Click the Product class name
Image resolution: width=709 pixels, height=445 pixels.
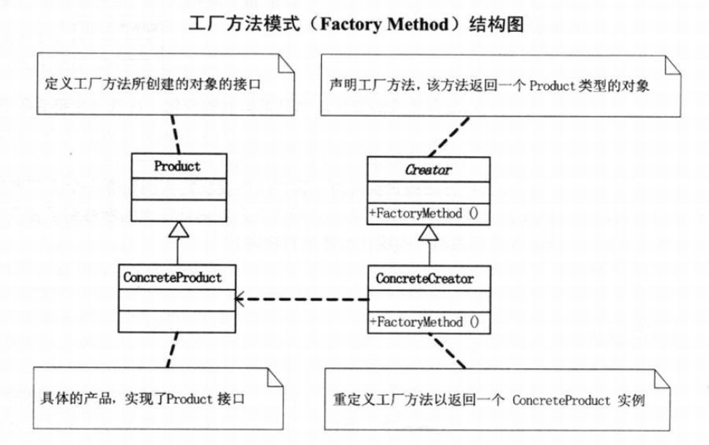point(177,166)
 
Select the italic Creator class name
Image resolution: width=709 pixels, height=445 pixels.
point(428,169)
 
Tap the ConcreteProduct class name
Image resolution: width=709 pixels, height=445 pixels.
point(172,277)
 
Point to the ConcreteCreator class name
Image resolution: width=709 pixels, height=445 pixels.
point(424,278)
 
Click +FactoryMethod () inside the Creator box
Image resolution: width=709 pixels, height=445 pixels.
point(424,213)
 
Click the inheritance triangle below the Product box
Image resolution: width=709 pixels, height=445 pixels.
point(179,230)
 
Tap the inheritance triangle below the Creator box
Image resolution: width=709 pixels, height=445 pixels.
point(428,233)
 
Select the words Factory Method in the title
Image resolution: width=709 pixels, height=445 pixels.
point(384,24)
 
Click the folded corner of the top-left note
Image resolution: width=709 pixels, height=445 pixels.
point(285,63)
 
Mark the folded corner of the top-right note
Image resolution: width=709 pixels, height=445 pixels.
point(673,65)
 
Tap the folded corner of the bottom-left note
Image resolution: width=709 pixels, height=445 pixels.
point(275,377)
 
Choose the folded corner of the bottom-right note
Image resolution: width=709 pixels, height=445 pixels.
point(662,379)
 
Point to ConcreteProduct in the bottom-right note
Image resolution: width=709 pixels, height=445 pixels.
point(561,400)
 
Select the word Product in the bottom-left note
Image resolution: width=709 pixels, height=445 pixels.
point(190,398)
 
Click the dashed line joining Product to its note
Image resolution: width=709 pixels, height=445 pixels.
point(176,135)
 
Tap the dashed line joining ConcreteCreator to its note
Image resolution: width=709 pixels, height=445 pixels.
point(447,351)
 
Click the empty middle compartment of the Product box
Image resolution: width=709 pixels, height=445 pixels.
point(179,189)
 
